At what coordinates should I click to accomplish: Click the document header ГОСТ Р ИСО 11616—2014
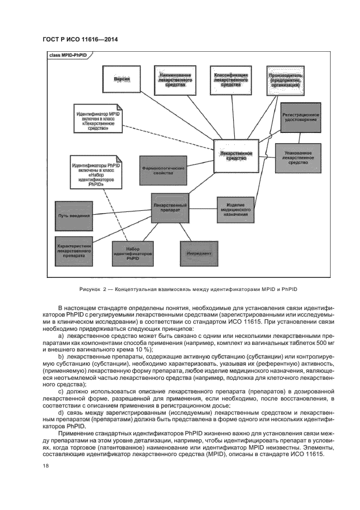point(80,39)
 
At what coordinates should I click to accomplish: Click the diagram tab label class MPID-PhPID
point(69,56)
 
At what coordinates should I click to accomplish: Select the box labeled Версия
point(121,80)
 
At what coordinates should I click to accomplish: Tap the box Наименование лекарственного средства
point(173,80)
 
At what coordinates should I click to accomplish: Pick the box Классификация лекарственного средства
point(231,80)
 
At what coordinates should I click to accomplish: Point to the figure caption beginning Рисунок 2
point(187,289)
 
